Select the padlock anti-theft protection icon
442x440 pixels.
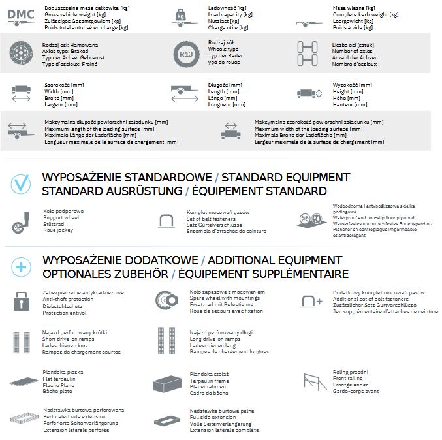coord(20,301)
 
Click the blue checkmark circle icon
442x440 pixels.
coord(20,184)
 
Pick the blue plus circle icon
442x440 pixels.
coord(20,266)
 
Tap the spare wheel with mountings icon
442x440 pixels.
coord(165,301)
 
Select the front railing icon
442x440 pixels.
coord(314,381)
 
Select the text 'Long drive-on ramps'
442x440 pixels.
coord(214,339)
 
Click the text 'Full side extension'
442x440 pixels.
coord(213,417)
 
